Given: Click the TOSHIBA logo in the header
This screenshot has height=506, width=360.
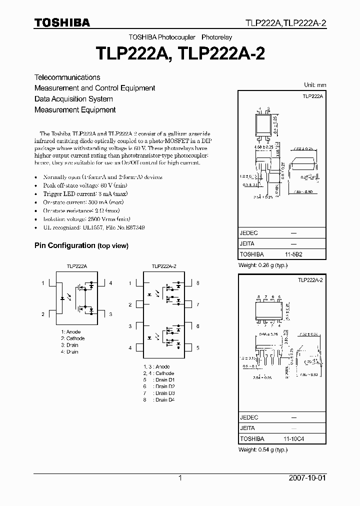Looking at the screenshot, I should pyautogui.click(x=62, y=22).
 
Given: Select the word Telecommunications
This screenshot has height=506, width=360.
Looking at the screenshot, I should pyautogui.click(x=67, y=77).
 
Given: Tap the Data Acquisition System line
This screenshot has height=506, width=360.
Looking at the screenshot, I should pyautogui.click(x=73, y=99).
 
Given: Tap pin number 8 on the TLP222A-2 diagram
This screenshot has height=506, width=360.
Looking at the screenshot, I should pyautogui.click(x=197, y=283).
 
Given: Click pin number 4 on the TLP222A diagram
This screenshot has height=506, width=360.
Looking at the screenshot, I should pyautogui.click(x=110, y=283).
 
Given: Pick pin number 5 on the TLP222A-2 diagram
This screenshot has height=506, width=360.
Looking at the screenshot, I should pyautogui.click(x=197, y=347).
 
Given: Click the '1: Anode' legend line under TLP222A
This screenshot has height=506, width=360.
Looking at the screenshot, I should pyautogui.click(x=70, y=332).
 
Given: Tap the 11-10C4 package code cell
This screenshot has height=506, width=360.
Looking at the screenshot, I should pyautogui.click(x=294, y=438).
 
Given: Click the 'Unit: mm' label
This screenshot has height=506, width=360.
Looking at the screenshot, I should pyautogui.click(x=315, y=84).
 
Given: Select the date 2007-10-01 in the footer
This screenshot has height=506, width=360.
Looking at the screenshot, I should pyautogui.click(x=306, y=478).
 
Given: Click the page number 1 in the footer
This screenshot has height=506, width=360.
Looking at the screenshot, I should pyautogui.click(x=180, y=478).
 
